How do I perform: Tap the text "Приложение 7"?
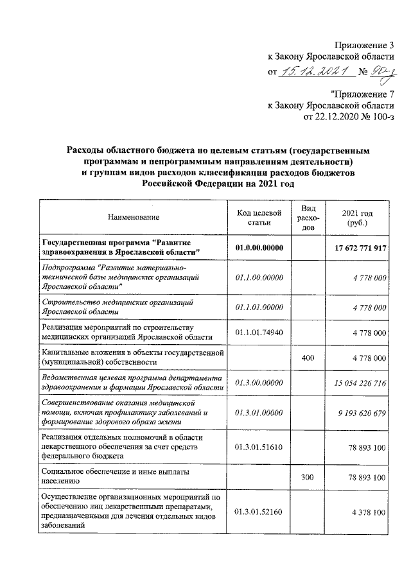click(x=362, y=94)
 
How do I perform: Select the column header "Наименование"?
click(x=134, y=218)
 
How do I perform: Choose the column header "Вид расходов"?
click(x=308, y=218)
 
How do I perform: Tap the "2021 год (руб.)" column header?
click(x=357, y=218)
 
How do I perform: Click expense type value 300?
click(x=308, y=477)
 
